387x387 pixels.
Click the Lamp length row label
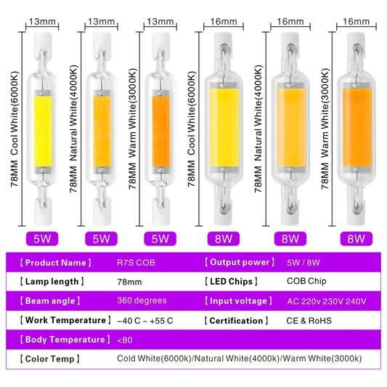52,281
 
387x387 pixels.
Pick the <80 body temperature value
124,340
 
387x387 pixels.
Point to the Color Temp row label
50,359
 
